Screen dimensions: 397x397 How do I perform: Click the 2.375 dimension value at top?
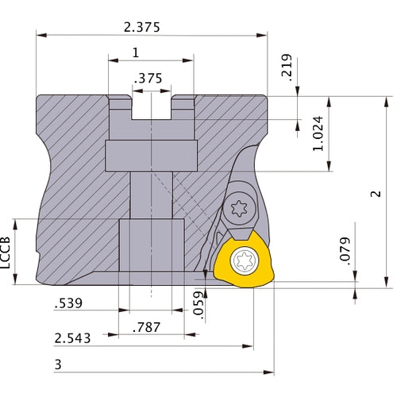click(x=143, y=26)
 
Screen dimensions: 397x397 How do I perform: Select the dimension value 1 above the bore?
click(x=136, y=52)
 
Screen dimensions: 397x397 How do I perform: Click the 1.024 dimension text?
click(x=318, y=137)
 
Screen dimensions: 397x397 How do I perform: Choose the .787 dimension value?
click(x=145, y=327)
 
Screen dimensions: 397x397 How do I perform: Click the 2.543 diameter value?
click(x=71, y=337)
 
